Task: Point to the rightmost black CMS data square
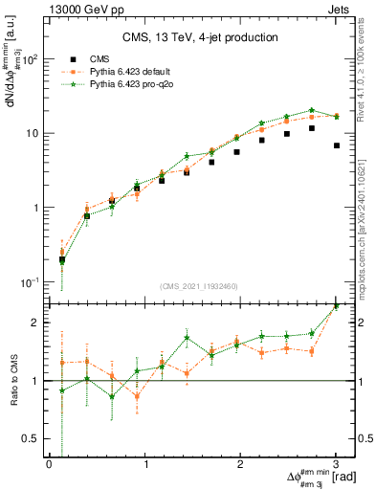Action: click(x=336, y=145)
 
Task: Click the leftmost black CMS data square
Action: click(x=62, y=259)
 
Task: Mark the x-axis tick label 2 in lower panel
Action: click(x=239, y=464)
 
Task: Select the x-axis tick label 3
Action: click(x=335, y=464)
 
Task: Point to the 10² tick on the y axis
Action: click(x=31, y=59)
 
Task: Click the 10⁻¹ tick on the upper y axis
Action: click(x=31, y=281)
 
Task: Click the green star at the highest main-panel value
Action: click(x=311, y=110)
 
